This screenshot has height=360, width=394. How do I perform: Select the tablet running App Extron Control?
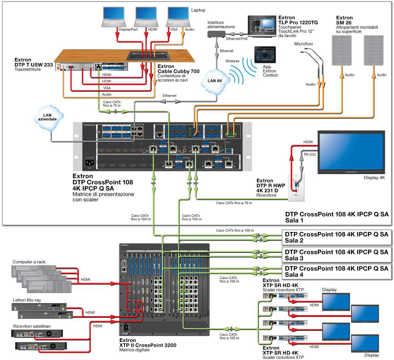click(264, 54)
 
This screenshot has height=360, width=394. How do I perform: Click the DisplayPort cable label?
click(130, 30)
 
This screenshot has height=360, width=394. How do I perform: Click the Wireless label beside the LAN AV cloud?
click(232, 61)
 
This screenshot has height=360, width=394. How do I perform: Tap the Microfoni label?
click(303, 43)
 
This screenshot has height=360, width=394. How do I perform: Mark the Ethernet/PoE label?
click(236, 39)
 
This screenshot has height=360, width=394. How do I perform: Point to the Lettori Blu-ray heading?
click(27, 300)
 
